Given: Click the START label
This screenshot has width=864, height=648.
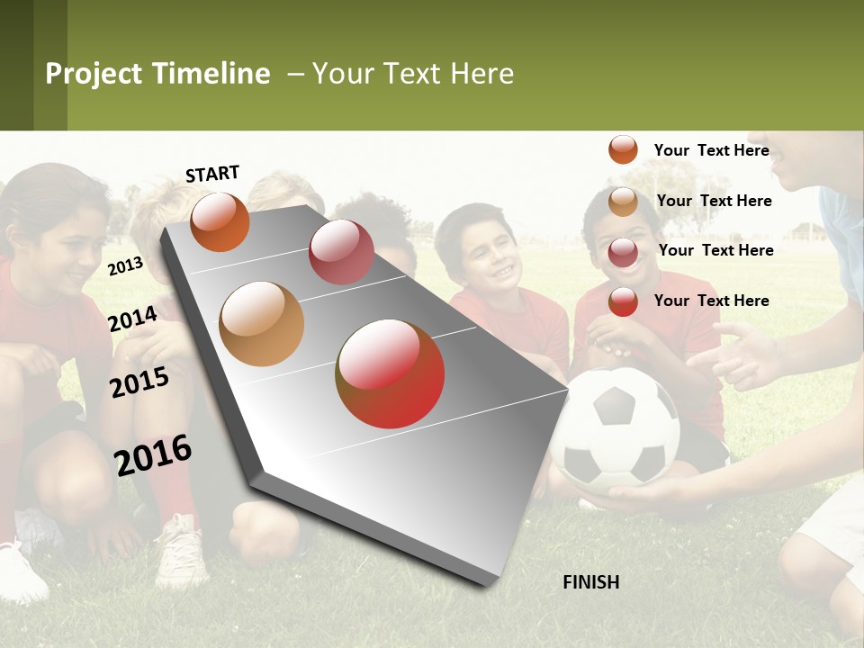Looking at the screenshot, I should tap(212, 174).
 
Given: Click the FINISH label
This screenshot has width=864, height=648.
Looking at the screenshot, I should tap(590, 582).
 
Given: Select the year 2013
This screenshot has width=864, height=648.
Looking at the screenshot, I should tap(125, 265).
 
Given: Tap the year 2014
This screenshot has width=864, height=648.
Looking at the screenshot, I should tap(132, 319).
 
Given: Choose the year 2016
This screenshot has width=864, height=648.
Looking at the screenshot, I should tap(153, 454).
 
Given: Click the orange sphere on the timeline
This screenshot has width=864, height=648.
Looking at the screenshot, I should tap(220, 221).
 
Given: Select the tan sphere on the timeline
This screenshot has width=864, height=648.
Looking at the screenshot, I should tap(261, 324).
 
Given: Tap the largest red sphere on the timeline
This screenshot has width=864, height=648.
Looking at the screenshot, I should tap(390, 373).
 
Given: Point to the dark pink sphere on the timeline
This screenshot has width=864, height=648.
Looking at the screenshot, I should tap(341, 251).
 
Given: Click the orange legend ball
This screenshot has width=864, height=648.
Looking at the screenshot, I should tap(623, 149).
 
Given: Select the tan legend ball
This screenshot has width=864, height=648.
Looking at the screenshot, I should tap(623, 202).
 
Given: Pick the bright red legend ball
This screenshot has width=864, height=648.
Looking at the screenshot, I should tap(623, 301).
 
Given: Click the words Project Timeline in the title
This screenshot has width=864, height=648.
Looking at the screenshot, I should tap(157, 74).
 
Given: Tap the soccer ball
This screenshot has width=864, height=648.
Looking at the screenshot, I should tap(616, 430).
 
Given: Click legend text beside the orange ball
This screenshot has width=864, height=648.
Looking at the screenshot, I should tap(711, 150).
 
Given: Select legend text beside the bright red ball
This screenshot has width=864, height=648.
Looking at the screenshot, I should tap(711, 301).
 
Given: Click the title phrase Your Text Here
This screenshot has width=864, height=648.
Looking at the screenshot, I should tap(413, 74).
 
